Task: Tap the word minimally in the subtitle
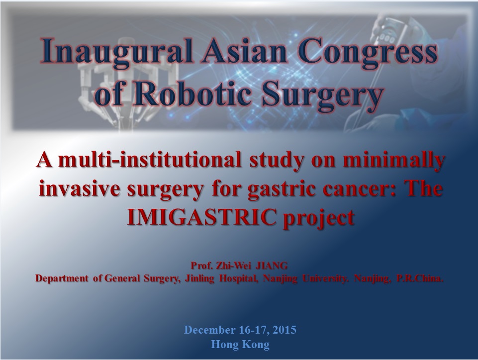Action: (x=393, y=161)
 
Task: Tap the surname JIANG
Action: (x=271, y=266)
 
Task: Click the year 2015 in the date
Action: (x=285, y=330)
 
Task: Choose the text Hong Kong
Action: (x=240, y=345)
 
